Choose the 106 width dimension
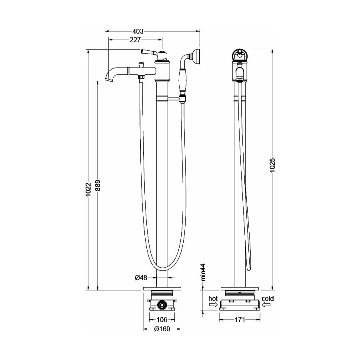(x=162, y=319)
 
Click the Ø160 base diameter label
(x=162, y=329)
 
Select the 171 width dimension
(x=240, y=319)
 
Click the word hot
(x=213, y=298)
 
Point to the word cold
(x=268, y=298)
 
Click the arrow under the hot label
(x=214, y=305)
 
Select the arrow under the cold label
(x=267, y=305)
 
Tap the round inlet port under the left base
(x=162, y=305)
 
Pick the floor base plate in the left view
(x=162, y=288)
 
